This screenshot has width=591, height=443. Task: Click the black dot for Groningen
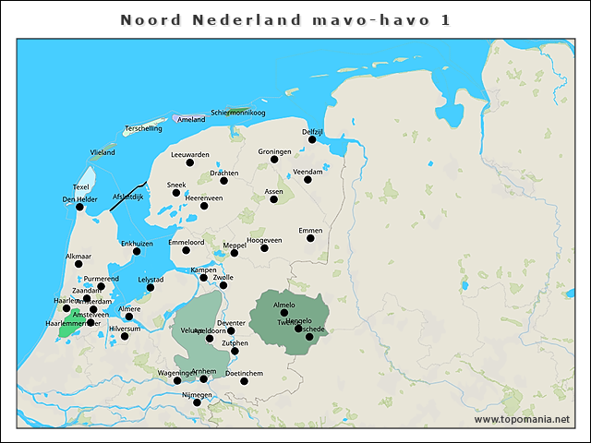pyautogui.click(x=274, y=160)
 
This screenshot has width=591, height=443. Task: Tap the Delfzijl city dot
pyautogui.click(x=313, y=139)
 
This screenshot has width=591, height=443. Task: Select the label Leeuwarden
pyautogui.click(x=190, y=154)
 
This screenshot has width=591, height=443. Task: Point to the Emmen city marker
pyautogui.click(x=310, y=238)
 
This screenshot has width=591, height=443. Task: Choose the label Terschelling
pyautogui.click(x=143, y=128)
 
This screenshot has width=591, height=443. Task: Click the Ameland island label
pyautogui.click(x=190, y=119)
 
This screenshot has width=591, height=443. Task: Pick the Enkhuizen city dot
pyautogui.click(x=137, y=251)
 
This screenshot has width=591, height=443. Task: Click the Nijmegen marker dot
pyautogui.click(x=196, y=402)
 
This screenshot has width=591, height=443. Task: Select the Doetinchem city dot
pyautogui.click(x=244, y=381)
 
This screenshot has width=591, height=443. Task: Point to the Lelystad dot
pyautogui.click(x=151, y=287)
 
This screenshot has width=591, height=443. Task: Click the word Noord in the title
pyautogui.click(x=149, y=19)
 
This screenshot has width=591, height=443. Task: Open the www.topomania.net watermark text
pyautogui.click(x=522, y=419)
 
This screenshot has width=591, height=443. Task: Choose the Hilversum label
pyautogui.click(x=125, y=329)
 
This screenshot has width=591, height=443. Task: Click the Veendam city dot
pyautogui.click(x=308, y=179)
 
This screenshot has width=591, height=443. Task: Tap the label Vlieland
pyautogui.click(x=103, y=151)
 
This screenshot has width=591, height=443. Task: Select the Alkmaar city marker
pyautogui.click(x=78, y=264)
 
